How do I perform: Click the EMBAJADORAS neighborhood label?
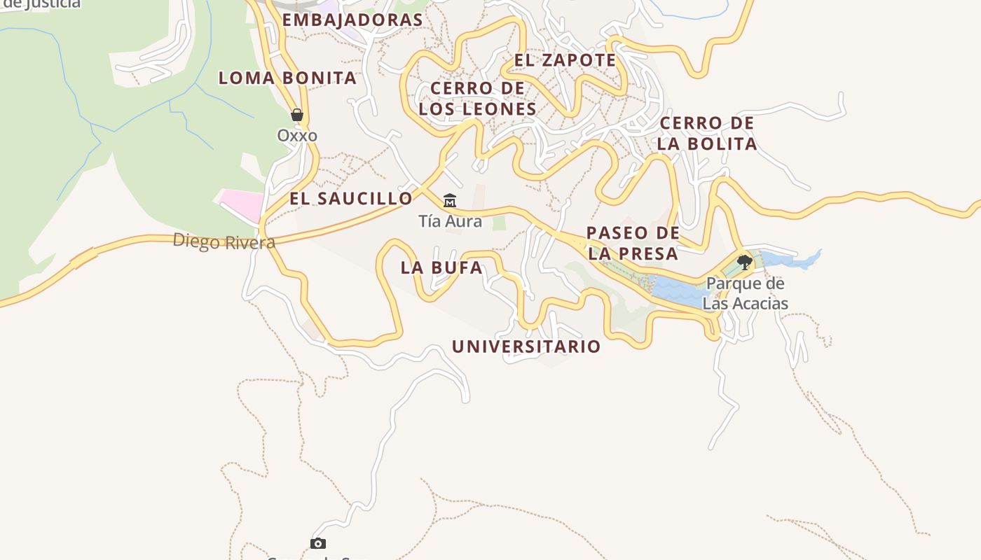(x=352, y=20)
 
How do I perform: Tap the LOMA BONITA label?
(x=287, y=78)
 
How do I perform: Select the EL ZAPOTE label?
(x=565, y=60)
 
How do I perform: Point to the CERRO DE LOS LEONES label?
(x=477, y=99)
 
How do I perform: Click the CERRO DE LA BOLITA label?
(x=707, y=133)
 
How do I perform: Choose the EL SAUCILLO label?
(x=351, y=199)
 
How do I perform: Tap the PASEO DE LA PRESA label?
(x=633, y=243)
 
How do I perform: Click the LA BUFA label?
(x=441, y=267)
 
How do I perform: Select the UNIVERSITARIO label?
(x=526, y=346)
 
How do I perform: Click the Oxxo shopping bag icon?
(x=297, y=115)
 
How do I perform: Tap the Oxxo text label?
(x=297, y=135)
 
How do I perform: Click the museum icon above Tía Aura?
(x=450, y=201)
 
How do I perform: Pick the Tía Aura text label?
(x=450, y=221)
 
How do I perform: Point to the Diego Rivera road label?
(x=224, y=242)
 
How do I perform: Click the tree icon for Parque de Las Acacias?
(x=745, y=262)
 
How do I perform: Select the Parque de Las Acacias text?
(x=745, y=294)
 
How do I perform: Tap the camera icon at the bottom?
(x=318, y=543)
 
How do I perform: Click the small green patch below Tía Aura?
(x=499, y=223)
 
